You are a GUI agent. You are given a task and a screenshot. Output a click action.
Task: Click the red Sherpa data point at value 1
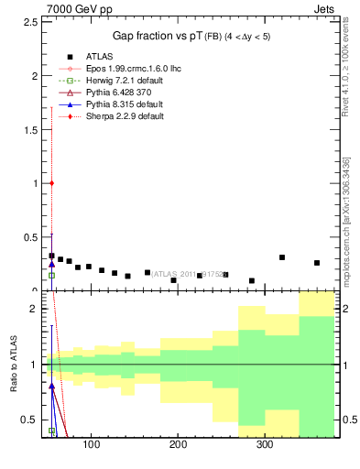(52, 183)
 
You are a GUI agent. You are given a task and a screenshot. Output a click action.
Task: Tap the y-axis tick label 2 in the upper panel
(35, 76)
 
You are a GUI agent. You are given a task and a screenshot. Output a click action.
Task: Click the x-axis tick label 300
(264, 445)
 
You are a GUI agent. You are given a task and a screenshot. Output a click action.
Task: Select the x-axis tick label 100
(91, 445)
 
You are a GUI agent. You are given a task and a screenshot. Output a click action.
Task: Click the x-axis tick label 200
(178, 445)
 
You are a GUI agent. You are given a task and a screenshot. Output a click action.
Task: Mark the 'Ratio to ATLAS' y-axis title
(14, 366)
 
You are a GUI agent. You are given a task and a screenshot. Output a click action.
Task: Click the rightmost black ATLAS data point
(317, 263)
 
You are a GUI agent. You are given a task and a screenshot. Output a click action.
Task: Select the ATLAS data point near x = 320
(282, 257)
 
